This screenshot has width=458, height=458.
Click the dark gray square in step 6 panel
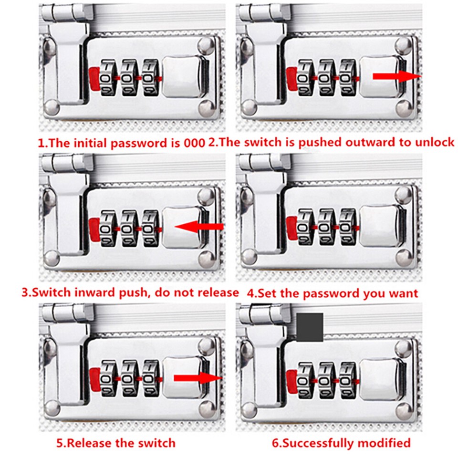click(x=310, y=327)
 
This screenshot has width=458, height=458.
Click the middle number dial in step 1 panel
click(x=129, y=76)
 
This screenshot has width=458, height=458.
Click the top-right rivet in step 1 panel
click(x=207, y=46)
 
